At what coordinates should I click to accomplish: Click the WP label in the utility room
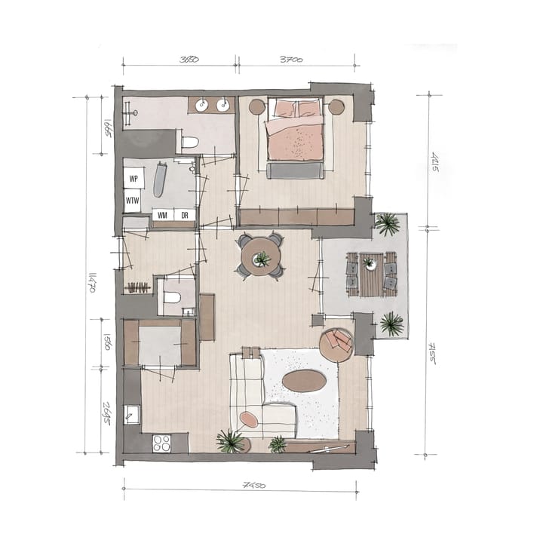[133, 179]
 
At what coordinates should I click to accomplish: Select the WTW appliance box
[133, 201]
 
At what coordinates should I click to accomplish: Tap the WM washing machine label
[162, 215]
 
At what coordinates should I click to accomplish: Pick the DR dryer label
[184, 215]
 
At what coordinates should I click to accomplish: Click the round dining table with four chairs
[260, 257]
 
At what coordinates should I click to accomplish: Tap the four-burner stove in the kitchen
[160, 443]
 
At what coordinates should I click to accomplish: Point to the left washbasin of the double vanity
[202, 106]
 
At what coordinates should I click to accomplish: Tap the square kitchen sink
[132, 413]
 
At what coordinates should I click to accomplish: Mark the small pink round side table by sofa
[249, 419]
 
